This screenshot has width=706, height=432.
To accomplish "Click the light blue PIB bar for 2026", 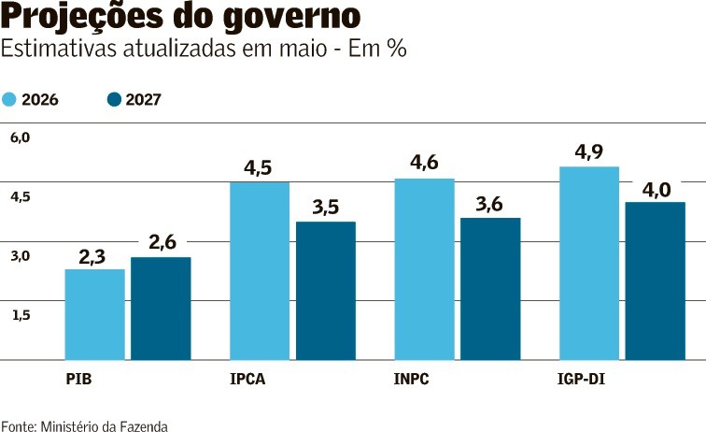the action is point(95,314).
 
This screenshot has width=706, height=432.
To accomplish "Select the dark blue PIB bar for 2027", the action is point(161,309).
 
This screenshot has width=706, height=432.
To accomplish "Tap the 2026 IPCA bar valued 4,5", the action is point(260,271).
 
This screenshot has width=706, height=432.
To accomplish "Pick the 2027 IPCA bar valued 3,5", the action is point(326,291).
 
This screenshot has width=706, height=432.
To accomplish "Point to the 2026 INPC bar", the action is point(425,269).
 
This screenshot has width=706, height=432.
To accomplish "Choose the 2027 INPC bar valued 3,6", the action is point(491,289).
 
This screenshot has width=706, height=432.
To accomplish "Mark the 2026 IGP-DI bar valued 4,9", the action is point(589,264).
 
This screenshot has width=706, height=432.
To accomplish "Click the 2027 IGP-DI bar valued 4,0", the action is point(656,281).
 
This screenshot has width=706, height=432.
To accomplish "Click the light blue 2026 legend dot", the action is point(8,99).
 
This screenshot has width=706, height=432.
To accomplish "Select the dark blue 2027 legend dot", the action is point(114,99).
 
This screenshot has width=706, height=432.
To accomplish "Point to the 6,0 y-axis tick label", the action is point(21,138).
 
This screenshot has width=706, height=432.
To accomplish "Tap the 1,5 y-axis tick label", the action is point(21,315).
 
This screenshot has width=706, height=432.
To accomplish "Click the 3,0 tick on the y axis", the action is point(21,256).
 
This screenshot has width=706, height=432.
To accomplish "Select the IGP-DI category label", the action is point(581,379).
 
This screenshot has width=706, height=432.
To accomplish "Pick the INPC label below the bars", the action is point(412,379).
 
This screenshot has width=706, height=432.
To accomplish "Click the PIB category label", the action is point(78,379).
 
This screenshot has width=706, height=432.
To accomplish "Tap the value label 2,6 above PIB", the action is point(162,242).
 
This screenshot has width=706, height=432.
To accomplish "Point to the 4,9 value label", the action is point(589,152).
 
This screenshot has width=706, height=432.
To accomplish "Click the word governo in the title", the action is point(291,17).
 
